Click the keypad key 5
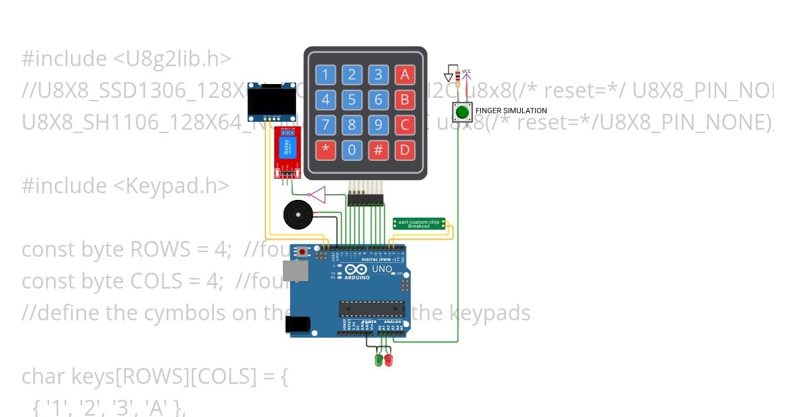[x=352, y=100]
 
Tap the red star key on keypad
[x=325, y=150]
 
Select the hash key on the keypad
[x=378, y=150]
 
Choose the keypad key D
[x=405, y=150]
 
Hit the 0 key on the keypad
[x=352, y=150]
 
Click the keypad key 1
[x=325, y=74]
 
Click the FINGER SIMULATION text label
[x=511, y=111]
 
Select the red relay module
[x=288, y=152]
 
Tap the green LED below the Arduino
[x=380, y=360]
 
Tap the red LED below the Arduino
[x=388, y=360]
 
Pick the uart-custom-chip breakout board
[x=419, y=224]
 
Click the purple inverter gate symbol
[x=317, y=194]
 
